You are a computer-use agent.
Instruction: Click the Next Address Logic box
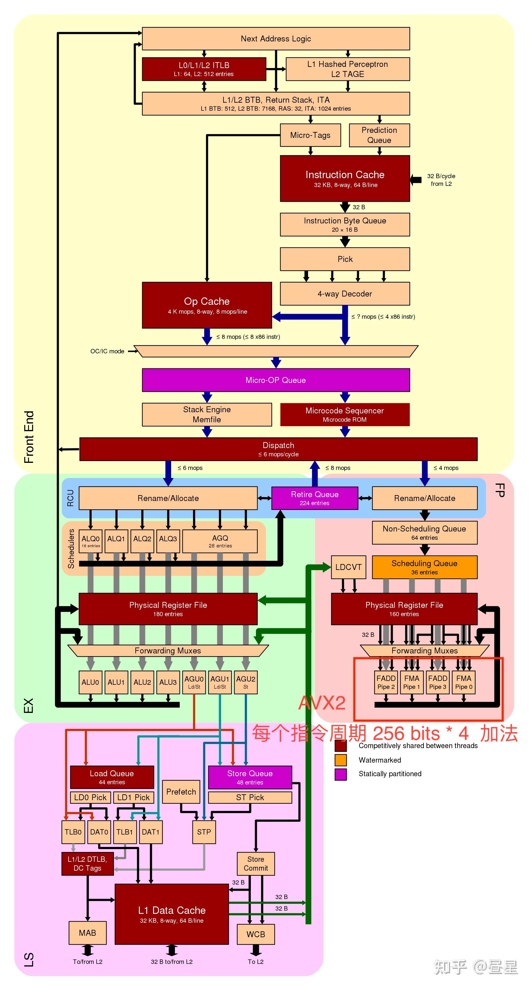[275, 38]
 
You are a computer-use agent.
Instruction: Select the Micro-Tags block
[310, 135]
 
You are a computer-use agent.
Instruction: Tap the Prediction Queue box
[379, 135]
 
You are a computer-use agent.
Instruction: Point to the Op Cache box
[207, 305]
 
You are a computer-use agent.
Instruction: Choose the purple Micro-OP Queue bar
[275, 380]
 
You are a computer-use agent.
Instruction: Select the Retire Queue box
[314, 498]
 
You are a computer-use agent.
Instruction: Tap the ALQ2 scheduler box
[142, 541]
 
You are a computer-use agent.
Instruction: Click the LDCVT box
[348, 567]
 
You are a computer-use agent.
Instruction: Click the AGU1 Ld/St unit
[220, 682]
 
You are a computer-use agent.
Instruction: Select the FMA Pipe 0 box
[463, 682]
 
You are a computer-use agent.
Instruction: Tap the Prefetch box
[181, 792]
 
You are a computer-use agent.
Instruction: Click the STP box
[204, 832]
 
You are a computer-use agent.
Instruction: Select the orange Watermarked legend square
[340, 760]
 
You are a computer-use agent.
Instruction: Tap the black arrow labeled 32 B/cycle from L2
[416, 179]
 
